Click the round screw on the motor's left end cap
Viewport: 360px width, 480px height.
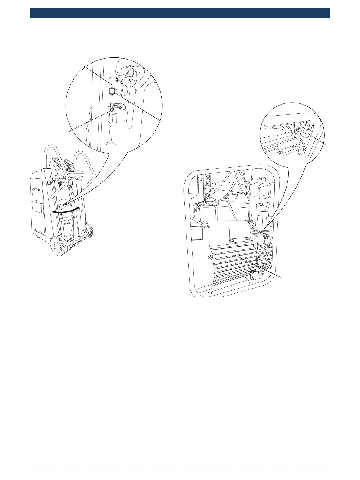[210, 258]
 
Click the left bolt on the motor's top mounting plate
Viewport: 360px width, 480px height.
[232, 240]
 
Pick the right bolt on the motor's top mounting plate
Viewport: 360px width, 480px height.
[248, 239]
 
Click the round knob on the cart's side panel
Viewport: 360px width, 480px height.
[48, 183]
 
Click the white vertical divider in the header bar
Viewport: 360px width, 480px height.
[45, 13]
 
